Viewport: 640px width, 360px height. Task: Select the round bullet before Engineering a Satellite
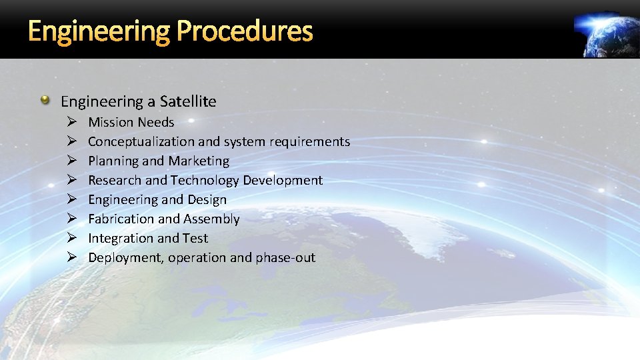click(45, 101)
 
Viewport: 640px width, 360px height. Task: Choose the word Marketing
click(199, 161)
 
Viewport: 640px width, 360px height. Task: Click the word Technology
click(205, 180)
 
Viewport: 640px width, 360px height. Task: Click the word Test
click(195, 238)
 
